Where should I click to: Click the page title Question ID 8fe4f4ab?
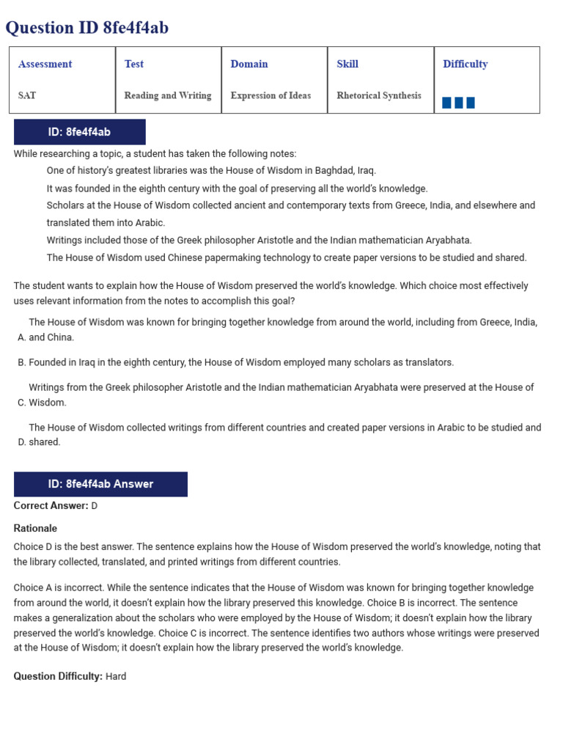coord(87,28)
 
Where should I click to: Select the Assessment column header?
coord(45,64)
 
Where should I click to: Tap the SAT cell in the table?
coord(27,95)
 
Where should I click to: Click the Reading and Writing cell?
coord(167,95)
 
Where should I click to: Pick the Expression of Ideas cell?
coord(271,95)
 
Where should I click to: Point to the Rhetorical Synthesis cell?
coord(378,95)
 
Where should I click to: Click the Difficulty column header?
coord(465,64)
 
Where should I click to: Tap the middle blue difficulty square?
coord(459,103)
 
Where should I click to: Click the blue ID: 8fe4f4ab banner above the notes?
coord(79,132)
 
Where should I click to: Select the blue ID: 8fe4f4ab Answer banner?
coord(100,484)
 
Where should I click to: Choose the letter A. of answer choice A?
coord(21,337)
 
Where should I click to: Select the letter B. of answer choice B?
coord(21,362)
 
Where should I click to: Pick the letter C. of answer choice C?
coord(21,403)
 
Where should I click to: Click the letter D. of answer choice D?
coord(21,442)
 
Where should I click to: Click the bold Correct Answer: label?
coord(51,506)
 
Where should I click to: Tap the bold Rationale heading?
coord(35,528)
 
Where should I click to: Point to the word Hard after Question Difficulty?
coord(116,676)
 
